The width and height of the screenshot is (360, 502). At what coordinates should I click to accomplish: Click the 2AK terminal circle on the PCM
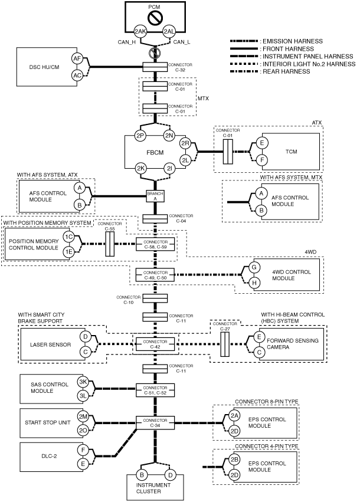coord(140,31)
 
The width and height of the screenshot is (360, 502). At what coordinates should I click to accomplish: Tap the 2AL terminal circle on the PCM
coord(169,31)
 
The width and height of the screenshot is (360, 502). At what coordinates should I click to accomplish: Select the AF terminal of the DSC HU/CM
coord(77,58)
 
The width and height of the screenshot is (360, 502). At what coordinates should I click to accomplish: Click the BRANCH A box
coord(155,196)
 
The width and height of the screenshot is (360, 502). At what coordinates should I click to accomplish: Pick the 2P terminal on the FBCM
coord(140,136)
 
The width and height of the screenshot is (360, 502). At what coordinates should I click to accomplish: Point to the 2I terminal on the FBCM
coord(169,168)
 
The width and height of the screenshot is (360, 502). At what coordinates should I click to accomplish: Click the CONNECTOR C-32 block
coord(155,67)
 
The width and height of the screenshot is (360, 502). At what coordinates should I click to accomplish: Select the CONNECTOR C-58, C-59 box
coord(155,245)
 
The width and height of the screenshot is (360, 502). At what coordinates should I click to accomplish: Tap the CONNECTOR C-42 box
coord(155,344)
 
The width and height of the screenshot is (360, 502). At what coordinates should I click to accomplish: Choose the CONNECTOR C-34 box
coord(155,422)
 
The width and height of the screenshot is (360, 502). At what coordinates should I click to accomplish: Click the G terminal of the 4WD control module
coord(254,267)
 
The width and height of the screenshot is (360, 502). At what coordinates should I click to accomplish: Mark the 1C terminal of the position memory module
coord(68,237)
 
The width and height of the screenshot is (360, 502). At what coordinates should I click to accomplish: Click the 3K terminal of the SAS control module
coord(83,382)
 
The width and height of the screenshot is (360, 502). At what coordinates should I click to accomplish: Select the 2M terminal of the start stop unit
coord(83,416)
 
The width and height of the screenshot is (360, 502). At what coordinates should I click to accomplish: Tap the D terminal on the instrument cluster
coord(171,475)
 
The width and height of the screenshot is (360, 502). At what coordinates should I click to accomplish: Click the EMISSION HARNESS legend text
coord(293,41)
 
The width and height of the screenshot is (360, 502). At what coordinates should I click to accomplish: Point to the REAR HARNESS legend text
coord(286,71)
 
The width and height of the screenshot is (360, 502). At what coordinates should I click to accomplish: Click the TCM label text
coord(291,152)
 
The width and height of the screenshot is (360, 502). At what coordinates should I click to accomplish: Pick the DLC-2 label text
coord(49,456)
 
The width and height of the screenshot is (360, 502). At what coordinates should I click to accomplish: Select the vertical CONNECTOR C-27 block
coord(225,344)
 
